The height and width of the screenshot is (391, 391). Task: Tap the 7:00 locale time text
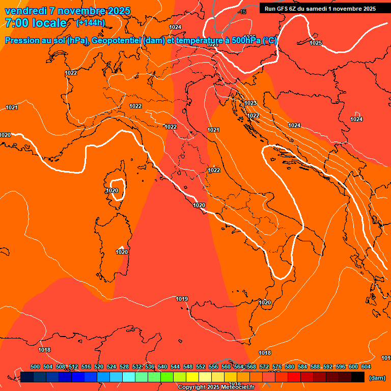click(36, 23)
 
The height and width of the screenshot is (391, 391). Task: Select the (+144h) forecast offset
click(90, 23)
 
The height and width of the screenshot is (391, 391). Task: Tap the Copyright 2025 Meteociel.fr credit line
click(216, 387)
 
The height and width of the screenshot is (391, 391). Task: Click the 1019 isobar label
click(182, 299)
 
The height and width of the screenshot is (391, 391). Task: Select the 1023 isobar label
click(250, 103)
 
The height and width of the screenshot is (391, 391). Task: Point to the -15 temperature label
click(242, 12)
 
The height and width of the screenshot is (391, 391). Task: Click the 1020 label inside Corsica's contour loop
click(112, 190)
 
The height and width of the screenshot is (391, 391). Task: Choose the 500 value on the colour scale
click(35, 367)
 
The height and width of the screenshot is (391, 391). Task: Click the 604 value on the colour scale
click(366, 367)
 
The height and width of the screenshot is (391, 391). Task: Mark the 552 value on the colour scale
click(201, 367)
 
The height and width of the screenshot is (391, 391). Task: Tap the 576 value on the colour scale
click(277, 367)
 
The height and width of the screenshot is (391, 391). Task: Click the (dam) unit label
click(377, 378)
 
